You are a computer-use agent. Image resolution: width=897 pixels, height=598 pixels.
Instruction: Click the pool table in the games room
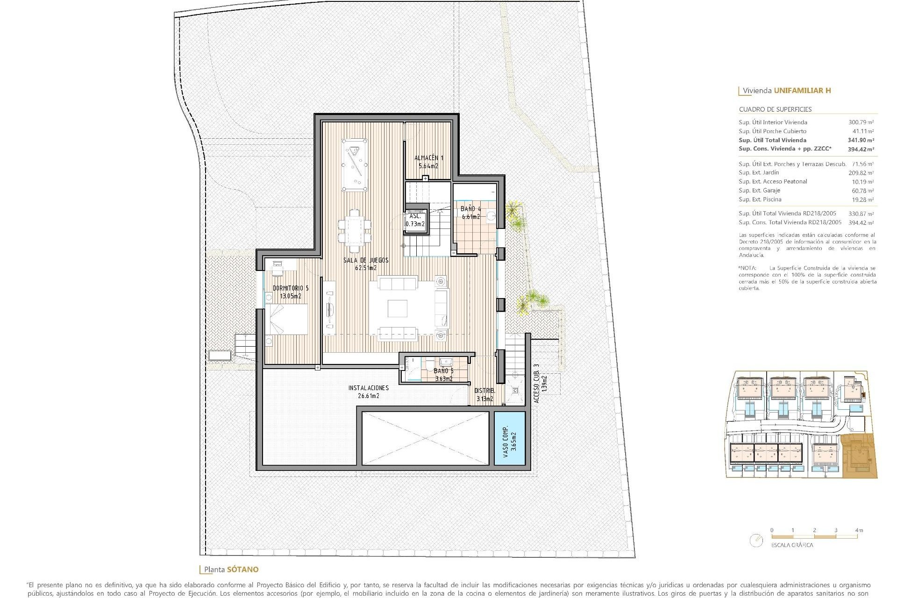coord(354,165)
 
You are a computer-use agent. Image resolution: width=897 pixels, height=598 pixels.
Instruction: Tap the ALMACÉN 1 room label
coord(428,158)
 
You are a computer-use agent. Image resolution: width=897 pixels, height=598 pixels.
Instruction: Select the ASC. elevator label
coord(415,216)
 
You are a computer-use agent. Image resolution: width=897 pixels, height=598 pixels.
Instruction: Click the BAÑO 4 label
coord(470,209)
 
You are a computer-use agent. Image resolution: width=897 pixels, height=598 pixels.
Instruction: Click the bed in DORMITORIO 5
coord(286,319)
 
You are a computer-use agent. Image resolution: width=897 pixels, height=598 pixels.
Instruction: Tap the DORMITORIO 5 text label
coord(291,288)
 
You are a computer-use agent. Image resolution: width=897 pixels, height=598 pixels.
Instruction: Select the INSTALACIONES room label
coord(368,388)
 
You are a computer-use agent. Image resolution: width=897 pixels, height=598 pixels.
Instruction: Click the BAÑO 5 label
coord(443,371)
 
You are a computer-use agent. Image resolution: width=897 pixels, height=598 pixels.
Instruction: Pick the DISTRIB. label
coord(484,391)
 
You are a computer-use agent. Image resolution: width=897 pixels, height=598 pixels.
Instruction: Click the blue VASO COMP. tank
coord(510,438)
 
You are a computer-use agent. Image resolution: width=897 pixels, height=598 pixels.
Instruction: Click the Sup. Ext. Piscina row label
coord(760,199)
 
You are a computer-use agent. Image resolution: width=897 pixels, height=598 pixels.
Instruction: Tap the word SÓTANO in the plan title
coord(242,570)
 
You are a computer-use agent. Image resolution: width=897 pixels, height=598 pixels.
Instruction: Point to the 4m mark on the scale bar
coord(859,530)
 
